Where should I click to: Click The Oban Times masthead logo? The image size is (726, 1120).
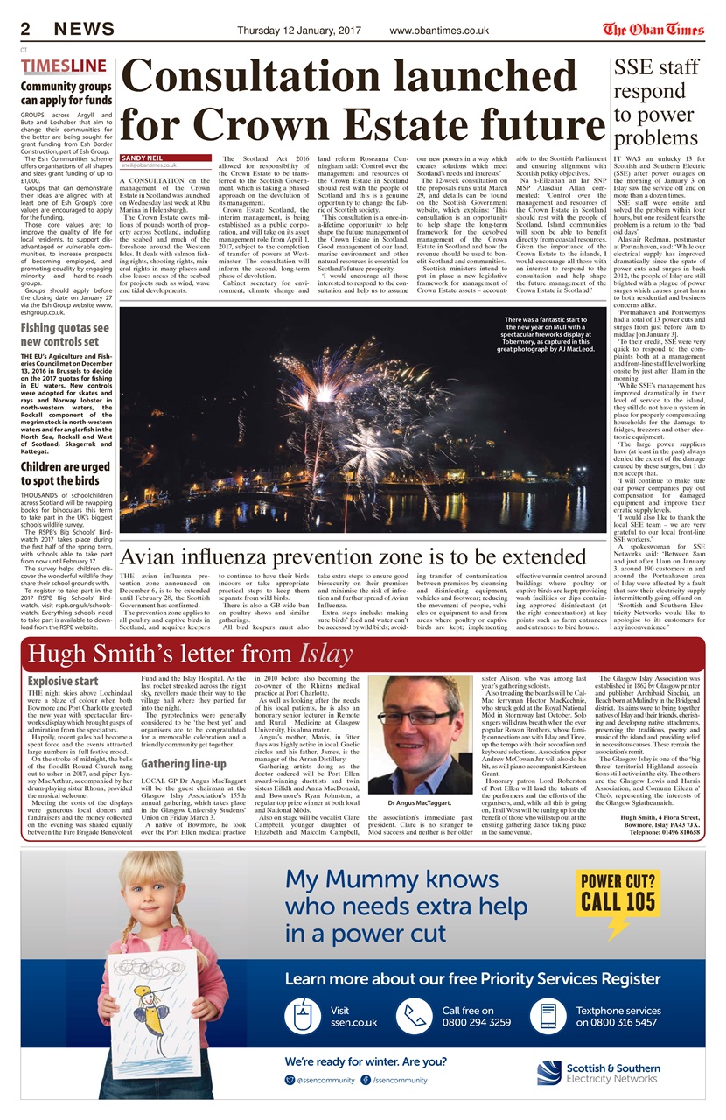pos(653,30)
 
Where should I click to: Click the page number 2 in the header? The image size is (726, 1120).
pos(26,30)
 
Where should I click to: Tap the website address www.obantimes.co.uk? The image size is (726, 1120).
pos(438,31)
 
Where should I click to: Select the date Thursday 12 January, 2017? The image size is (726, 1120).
pos(301,31)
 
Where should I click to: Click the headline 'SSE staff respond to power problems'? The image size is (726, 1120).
pos(656,101)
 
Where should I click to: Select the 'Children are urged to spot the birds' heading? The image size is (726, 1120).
pos(66,474)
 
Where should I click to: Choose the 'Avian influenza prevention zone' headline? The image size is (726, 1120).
pos(353,556)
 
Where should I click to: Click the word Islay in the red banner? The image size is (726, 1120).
pos(325,654)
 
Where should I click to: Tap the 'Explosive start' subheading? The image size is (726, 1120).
pos(63,681)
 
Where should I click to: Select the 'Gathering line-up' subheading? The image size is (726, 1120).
pos(184,765)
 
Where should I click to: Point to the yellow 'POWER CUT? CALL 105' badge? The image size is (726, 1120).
pos(618,894)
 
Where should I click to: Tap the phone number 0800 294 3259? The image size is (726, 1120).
pos(477,1022)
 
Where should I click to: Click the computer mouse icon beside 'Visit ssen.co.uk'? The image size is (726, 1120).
pos(304,1016)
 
